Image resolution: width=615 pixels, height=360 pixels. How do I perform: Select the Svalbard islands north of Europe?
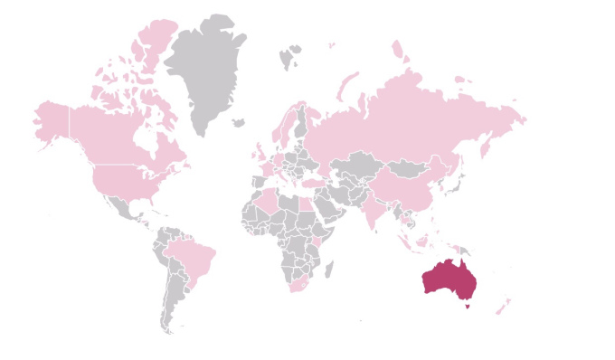(x=290, y=58)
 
